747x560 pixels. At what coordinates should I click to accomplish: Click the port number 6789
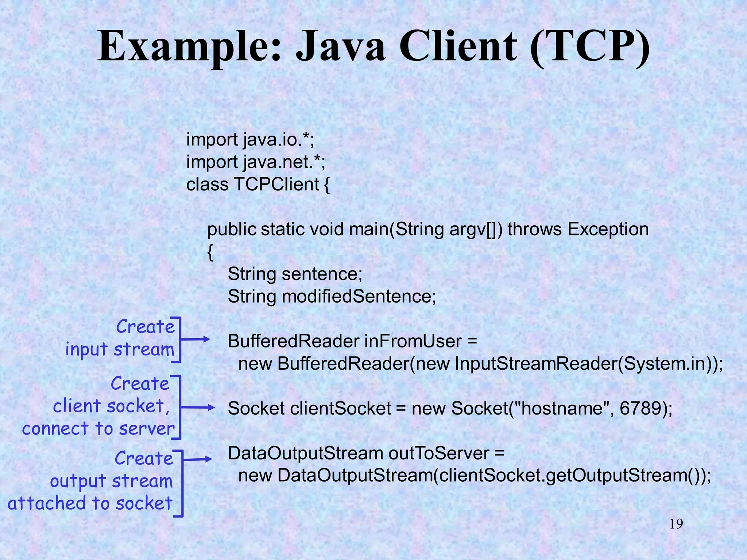click(x=640, y=408)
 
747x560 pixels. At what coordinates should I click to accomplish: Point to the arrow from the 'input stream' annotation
click(x=195, y=339)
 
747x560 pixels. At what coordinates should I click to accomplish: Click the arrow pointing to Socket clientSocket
click(x=197, y=408)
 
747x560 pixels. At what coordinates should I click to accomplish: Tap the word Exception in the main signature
click(x=608, y=229)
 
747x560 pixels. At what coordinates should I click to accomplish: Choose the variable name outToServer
click(x=438, y=454)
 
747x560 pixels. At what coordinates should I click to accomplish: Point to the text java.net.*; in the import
click(x=284, y=162)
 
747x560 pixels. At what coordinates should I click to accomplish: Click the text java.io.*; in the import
click(x=279, y=140)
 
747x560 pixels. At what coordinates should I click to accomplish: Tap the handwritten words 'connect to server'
click(x=98, y=429)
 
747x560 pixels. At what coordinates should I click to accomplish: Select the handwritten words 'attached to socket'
click(x=90, y=503)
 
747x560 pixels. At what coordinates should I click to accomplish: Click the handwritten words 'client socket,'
click(x=112, y=407)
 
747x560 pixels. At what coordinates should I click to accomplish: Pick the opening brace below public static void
click(x=210, y=252)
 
